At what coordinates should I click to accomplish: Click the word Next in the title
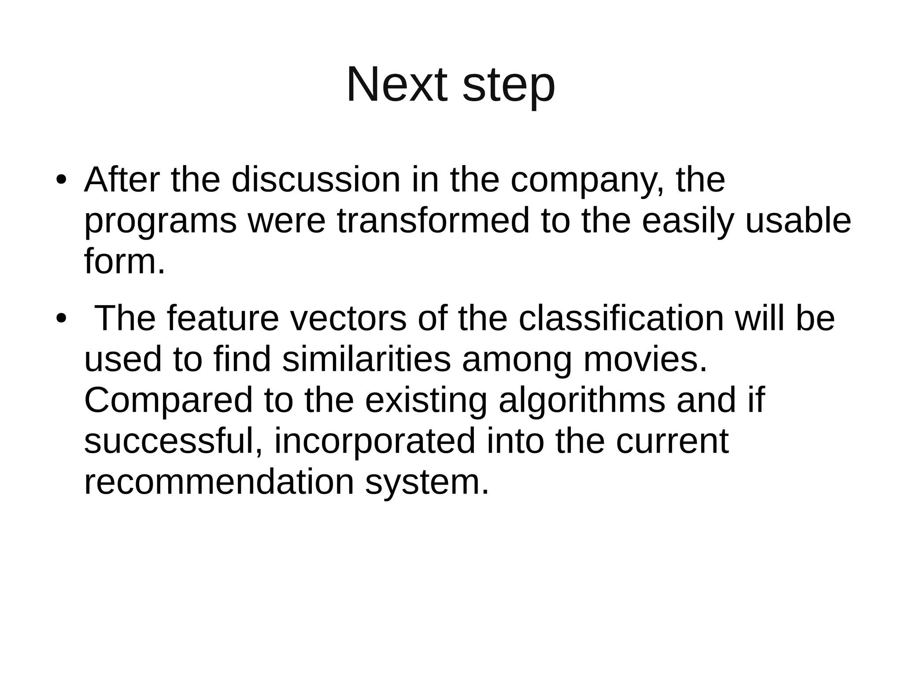pos(397,85)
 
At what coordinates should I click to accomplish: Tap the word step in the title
pos(509,86)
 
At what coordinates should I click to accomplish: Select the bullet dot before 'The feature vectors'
pos(61,318)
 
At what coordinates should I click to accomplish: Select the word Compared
pos(168,401)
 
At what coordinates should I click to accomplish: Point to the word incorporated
pos(375,442)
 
